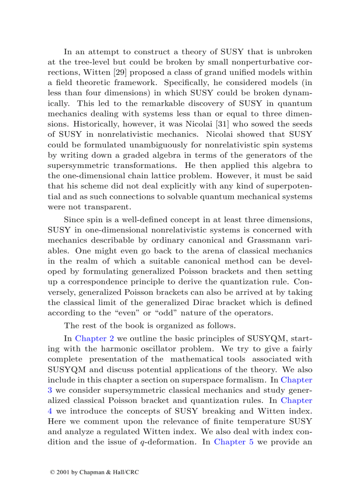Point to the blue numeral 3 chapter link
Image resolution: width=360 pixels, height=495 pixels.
49,390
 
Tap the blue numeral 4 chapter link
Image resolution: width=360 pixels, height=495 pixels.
49,411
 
